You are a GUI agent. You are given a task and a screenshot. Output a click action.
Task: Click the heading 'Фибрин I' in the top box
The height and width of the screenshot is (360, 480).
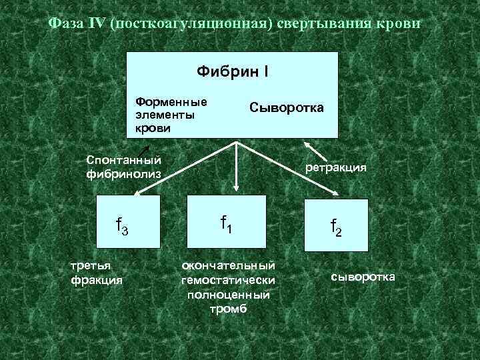point(233,70)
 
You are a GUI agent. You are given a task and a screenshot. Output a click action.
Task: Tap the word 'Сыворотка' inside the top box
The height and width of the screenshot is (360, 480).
point(287,107)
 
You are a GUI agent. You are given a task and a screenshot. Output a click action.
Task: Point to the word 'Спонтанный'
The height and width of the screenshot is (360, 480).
point(125,160)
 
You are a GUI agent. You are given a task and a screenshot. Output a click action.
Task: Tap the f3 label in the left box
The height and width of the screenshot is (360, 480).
point(122,227)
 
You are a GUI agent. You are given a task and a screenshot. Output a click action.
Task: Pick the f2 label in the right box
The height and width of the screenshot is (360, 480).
point(336,228)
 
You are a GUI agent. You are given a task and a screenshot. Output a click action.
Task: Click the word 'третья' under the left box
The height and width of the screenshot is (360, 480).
point(90,266)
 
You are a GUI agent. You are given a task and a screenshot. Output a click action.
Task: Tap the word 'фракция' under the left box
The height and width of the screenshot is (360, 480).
point(97,280)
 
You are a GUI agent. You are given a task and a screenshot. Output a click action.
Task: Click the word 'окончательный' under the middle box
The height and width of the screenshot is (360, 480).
point(229,266)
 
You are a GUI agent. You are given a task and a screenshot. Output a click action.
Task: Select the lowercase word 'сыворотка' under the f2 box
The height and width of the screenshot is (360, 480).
point(363,276)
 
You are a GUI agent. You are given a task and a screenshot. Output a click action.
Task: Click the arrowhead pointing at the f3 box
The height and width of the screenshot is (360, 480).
point(136,193)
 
